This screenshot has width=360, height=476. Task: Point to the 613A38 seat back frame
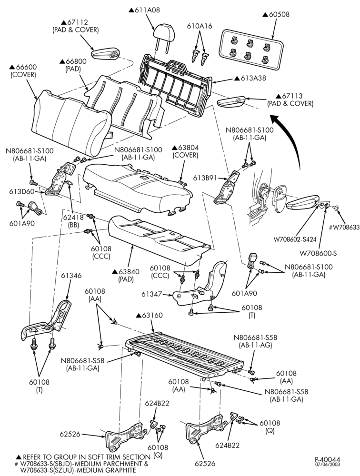[x=178, y=85]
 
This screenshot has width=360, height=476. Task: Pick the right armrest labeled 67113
[x=233, y=102]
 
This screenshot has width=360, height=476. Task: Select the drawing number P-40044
[x=327, y=459]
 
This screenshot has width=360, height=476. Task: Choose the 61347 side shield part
[x=200, y=284]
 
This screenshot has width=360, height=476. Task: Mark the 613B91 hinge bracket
[x=227, y=187]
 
